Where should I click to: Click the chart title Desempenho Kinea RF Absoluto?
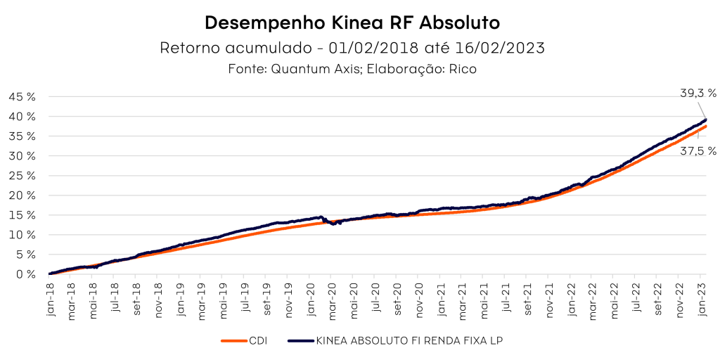pyautogui.click(x=352, y=22)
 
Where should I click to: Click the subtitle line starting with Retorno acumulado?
pyautogui.click(x=352, y=49)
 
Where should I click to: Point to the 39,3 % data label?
pyautogui.click(x=698, y=93)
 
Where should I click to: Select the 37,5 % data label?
pyautogui.click(x=698, y=151)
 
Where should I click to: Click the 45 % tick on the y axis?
pyautogui.click(x=22, y=96)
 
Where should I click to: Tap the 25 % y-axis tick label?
pyautogui.click(x=22, y=176)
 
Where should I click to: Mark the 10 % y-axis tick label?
pyautogui.click(x=22, y=235)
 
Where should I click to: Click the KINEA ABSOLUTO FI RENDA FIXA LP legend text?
pyautogui.click(x=410, y=341)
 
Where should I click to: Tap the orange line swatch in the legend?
pyautogui.click(x=233, y=341)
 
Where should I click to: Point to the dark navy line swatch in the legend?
pyautogui.click(x=301, y=341)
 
